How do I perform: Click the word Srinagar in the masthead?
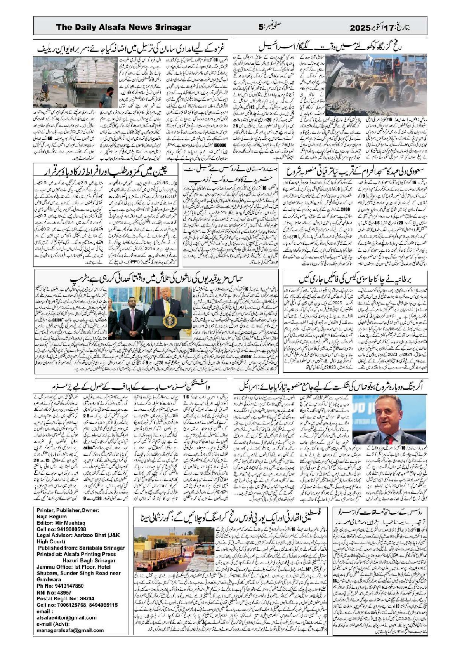click(173, 27)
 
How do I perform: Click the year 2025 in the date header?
click(361, 28)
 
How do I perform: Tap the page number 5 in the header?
click(261, 27)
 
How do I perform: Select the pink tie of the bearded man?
click(132, 314)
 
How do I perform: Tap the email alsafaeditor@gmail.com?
click(66, 617)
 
